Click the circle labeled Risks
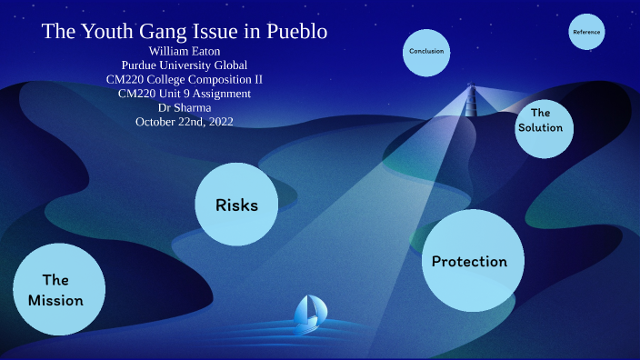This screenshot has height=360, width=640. click(x=236, y=204)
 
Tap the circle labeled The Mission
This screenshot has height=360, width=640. click(x=55, y=289)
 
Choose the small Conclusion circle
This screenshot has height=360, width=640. click(x=426, y=52)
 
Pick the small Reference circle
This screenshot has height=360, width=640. click(x=586, y=33)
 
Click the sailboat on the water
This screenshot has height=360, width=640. click(x=307, y=312)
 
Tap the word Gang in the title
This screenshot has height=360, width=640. click(x=162, y=32)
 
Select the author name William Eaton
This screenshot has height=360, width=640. click(x=184, y=51)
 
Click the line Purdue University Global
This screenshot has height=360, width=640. click(x=184, y=65)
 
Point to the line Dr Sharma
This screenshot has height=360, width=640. click(x=184, y=107)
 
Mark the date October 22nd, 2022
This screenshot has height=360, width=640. click(x=184, y=121)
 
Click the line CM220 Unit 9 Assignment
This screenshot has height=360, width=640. click(x=184, y=93)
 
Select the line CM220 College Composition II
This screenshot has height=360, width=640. click(x=184, y=79)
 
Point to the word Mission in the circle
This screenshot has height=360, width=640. click(x=55, y=300)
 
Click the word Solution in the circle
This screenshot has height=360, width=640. click(x=541, y=127)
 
